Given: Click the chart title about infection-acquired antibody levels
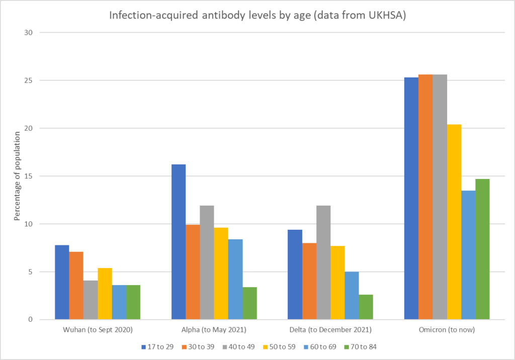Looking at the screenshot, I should pos(257,16).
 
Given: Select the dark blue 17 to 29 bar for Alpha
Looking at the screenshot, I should pos(179,242).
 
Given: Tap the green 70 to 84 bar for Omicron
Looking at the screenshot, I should pos(482,249).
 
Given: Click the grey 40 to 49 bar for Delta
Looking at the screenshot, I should pos(323,262).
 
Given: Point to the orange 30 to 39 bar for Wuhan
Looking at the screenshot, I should pos(76,286).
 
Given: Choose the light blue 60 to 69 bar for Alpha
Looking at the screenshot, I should pos(235,279).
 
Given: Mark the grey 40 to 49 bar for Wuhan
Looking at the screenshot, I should pos(91,300).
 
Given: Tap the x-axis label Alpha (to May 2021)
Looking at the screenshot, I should pos(214,330).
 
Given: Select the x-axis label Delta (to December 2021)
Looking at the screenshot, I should pos(330,330).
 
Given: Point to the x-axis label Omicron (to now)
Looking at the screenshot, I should pos(447,330).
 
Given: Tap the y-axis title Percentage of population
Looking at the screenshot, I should pos(17,176).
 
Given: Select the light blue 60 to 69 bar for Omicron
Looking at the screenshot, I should pos(468,255).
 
